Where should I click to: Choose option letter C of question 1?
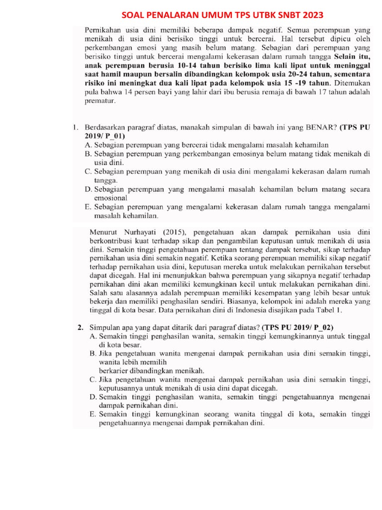point(88,171)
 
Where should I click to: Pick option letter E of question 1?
point(88,207)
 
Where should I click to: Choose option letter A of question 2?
point(93,336)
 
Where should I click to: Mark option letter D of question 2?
point(93,397)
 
